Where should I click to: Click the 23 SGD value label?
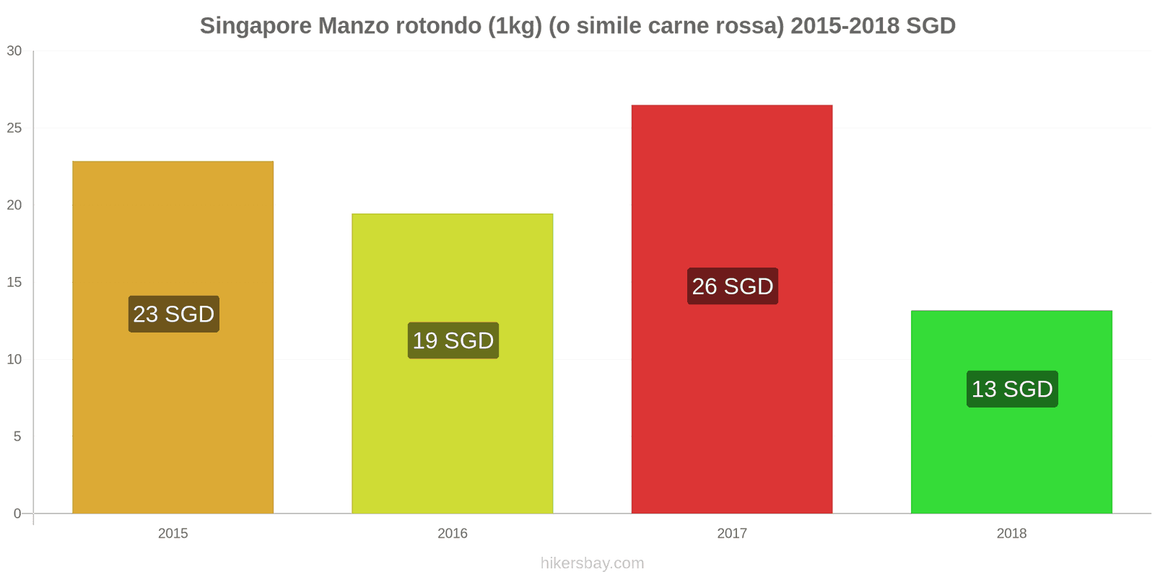coord(174,314)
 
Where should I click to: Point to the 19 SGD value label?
coord(453,340)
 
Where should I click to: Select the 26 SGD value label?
coord(733,286)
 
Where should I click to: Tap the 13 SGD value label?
coord(1012,389)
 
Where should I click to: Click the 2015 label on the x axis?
coord(173,534)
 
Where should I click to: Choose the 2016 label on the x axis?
coord(453,534)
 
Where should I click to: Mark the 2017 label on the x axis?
coord(732,534)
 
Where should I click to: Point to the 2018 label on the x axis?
coord(1011,534)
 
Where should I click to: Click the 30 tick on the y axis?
coord(14,51)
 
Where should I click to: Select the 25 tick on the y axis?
coord(14,128)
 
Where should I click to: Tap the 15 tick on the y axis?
coord(14,283)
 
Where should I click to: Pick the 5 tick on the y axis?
coord(17,437)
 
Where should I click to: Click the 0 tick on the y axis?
coord(17,514)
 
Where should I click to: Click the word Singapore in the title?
coord(256,26)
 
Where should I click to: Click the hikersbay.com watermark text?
coord(592,563)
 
